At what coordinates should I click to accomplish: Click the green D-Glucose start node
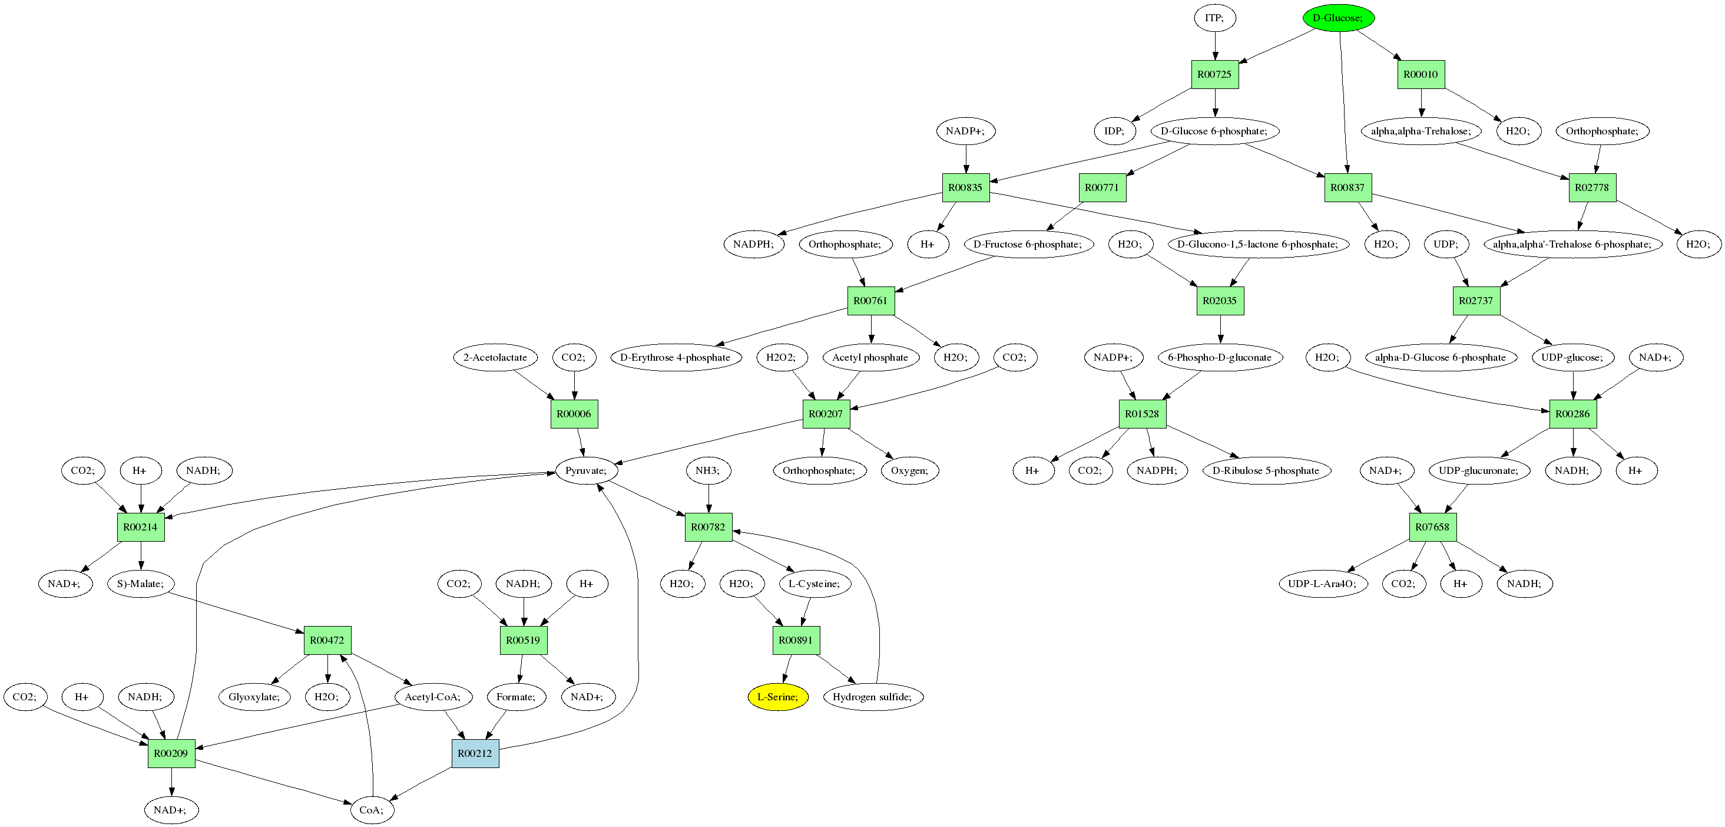tap(1338, 18)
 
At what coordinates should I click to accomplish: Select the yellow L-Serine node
tap(777, 697)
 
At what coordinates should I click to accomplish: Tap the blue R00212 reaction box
tap(475, 753)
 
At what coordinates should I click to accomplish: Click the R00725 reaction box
tap(1214, 74)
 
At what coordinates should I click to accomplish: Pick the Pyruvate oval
tap(586, 470)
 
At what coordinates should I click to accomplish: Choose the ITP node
tap(1214, 18)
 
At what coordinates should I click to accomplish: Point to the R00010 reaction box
tap(1421, 74)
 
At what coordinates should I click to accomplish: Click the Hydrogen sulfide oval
tap(872, 697)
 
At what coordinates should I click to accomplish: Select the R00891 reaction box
tap(796, 640)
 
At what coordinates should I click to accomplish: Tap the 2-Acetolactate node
tap(495, 357)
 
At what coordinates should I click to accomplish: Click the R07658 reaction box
tap(1432, 527)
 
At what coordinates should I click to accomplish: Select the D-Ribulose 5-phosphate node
tap(1266, 470)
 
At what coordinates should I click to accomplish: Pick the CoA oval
tap(372, 809)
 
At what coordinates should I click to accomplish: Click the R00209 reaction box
tap(171, 753)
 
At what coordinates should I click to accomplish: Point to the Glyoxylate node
tap(254, 697)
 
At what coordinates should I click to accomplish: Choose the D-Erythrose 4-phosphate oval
tap(675, 357)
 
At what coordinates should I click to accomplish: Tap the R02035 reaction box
tap(1220, 301)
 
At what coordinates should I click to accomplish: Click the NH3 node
tap(708, 470)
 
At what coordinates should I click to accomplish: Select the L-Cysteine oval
tap(813, 584)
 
